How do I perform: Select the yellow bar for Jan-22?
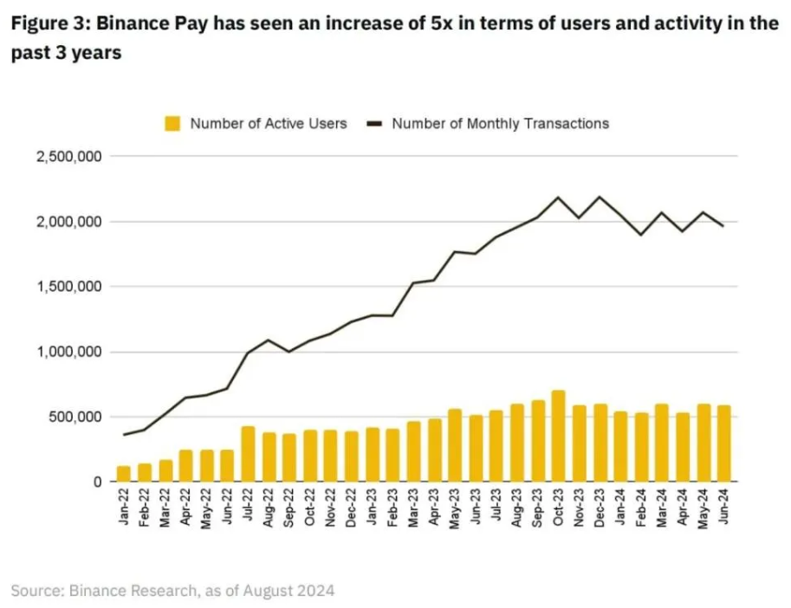tap(124, 473)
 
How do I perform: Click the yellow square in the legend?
tap(173, 124)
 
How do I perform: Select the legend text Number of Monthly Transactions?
tap(500, 123)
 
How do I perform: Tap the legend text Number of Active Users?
tap(269, 123)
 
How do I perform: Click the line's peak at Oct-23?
tap(558, 197)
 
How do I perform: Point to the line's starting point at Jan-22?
tap(124, 435)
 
